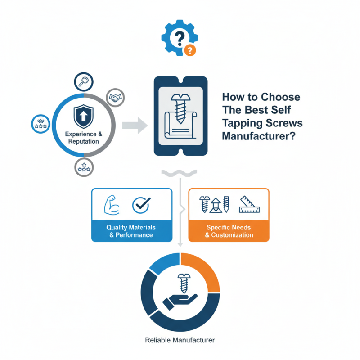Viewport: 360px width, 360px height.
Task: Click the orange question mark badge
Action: [190, 50]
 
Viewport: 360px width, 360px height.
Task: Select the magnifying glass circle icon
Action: [84, 82]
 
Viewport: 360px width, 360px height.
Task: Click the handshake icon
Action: [115, 98]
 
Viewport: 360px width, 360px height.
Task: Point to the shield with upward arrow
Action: [83, 117]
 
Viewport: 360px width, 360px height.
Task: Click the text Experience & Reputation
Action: [84, 138]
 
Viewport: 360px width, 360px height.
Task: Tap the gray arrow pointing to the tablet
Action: [135, 126]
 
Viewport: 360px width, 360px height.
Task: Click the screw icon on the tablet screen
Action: [181, 108]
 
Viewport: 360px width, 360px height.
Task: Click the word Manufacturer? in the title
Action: [259, 136]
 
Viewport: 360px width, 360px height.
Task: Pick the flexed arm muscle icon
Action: [112, 205]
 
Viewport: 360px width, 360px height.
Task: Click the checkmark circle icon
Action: [141, 205]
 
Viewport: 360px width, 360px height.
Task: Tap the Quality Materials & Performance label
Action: [131, 231]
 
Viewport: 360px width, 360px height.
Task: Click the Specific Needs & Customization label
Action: [229, 231]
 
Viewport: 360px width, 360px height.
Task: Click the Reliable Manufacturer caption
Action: [180, 340]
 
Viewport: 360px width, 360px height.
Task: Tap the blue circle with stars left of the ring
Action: [40, 124]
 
